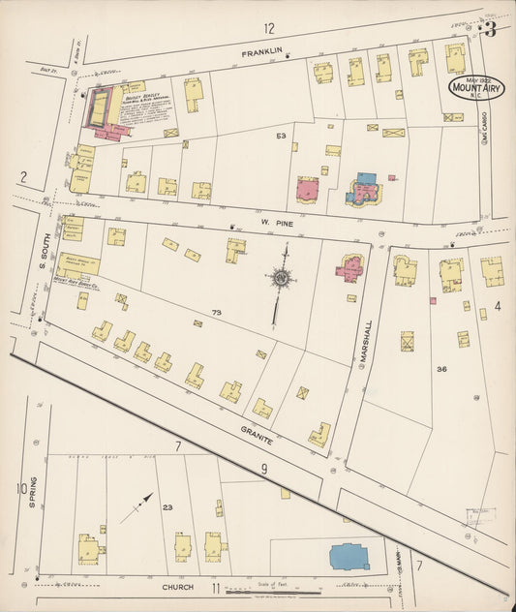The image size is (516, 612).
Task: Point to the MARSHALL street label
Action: [366, 341]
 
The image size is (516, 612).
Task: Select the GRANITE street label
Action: [258, 435]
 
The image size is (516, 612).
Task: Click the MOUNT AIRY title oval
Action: [475, 90]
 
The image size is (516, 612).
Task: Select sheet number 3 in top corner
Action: [491, 29]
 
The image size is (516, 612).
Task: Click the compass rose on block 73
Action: [282, 281]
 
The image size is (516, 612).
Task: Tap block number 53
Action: [281, 137]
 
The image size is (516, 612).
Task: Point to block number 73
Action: [215, 313]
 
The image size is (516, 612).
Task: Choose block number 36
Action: [441, 369]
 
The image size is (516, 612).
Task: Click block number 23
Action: [167, 507]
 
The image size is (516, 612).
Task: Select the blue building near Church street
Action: [349, 556]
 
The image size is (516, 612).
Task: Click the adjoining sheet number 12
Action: [268, 28]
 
